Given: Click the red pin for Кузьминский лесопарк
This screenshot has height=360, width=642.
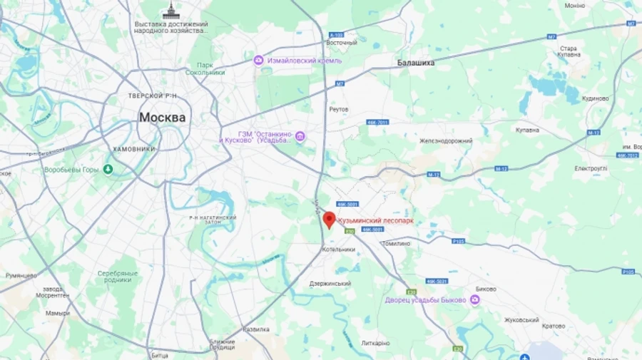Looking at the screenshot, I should point(329,219).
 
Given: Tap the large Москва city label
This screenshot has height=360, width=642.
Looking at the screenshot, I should point(162,117).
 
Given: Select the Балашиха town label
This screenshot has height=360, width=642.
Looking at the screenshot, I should point(416,63).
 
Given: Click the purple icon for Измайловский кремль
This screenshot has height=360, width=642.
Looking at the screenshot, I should point(259,60).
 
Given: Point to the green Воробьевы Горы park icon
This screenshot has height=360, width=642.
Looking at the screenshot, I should point(108,169).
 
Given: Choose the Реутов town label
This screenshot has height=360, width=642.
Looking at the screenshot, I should point(339,109).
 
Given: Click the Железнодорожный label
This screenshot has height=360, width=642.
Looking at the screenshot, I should point(445,140).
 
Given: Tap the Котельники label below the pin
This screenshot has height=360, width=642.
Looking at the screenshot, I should point(338,250).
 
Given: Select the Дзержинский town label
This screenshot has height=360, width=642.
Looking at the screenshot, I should point(330,283).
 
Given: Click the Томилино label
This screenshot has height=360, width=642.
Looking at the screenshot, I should point(396,244).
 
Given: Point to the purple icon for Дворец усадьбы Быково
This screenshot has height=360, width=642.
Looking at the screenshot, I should point(475,300).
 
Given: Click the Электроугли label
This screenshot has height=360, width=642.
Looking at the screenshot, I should point(591,168).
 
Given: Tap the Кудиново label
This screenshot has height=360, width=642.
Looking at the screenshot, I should point(595,98).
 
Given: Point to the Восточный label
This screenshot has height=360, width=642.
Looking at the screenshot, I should point(341,43).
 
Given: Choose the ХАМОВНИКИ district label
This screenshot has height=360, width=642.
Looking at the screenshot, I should point(134,149).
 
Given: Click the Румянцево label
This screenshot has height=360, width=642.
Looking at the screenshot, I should point(21,275).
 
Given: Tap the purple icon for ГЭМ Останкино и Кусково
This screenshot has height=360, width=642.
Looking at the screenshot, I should point(300,136).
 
